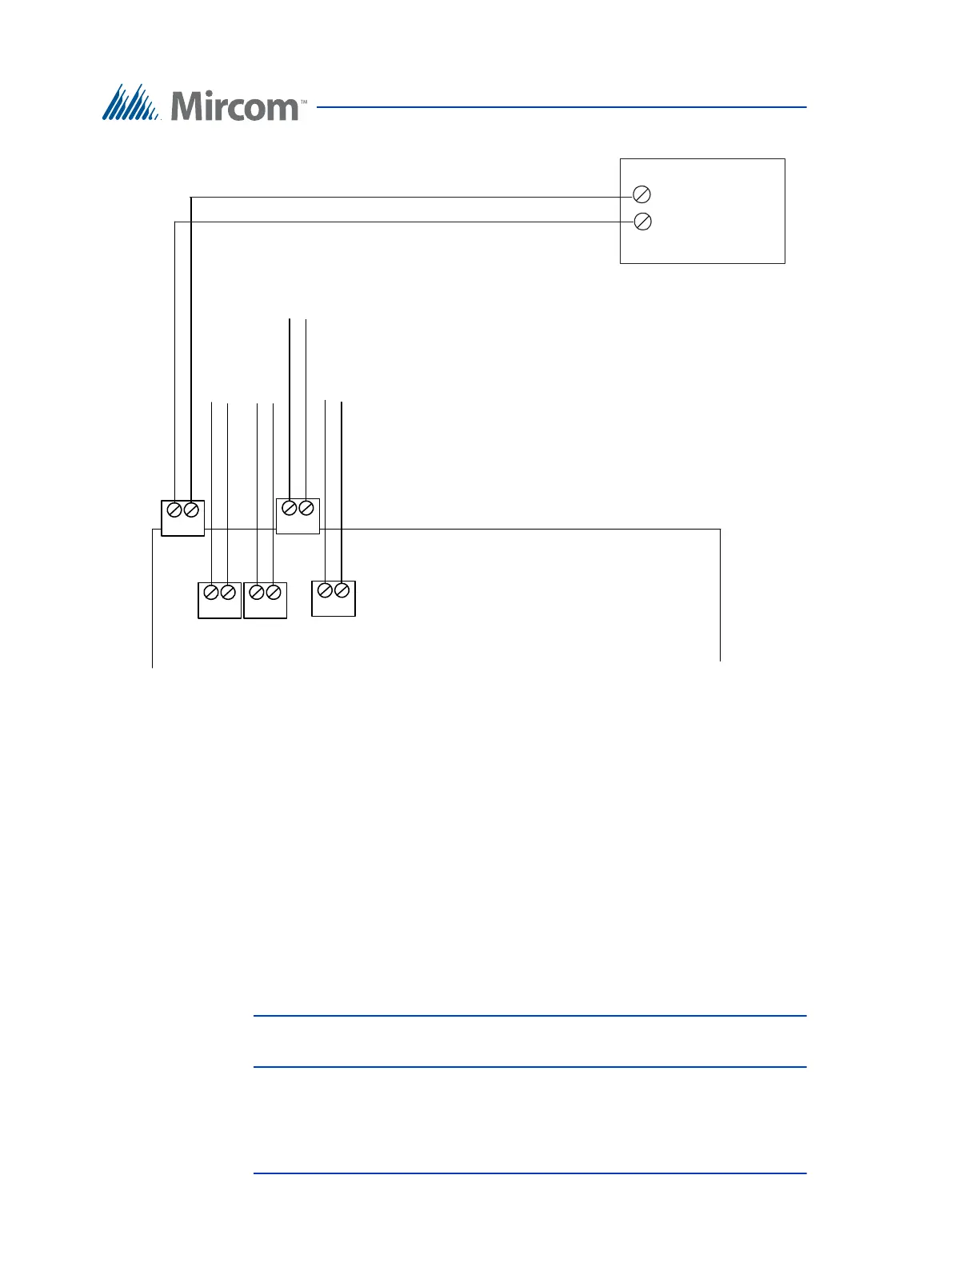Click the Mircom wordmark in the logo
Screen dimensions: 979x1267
coord(234,106)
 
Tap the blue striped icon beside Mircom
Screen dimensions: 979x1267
coord(130,102)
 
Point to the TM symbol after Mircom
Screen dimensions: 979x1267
coord(304,102)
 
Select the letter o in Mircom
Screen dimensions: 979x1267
coord(254,110)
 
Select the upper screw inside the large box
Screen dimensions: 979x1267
coord(641,194)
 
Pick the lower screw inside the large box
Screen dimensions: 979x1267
coord(642,222)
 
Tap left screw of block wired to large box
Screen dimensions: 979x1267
coord(174,510)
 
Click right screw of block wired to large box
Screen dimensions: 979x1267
coord(191,510)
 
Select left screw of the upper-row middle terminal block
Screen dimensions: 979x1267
coord(290,508)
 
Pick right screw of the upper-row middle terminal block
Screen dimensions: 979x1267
coord(306,508)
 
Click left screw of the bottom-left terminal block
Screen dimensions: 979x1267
coord(211,592)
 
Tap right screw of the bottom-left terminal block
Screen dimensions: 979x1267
coord(228,592)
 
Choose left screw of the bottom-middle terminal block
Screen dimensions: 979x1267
coord(257,592)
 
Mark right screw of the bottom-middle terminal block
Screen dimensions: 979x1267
coord(274,592)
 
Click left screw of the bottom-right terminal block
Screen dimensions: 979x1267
coord(325,590)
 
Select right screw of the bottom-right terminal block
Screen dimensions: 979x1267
coord(342,590)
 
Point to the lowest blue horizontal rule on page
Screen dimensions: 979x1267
coord(529,1173)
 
